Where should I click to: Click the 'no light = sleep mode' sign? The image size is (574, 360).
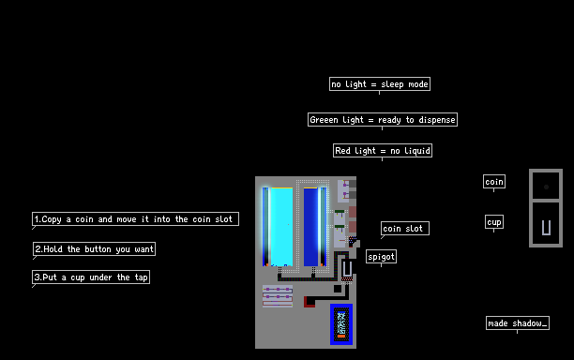click(380, 83)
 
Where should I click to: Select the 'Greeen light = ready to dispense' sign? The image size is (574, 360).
click(383, 120)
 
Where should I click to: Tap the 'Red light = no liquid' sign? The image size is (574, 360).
click(383, 150)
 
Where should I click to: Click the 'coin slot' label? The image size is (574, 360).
click(405, 229)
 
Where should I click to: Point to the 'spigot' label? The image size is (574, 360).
click(381, 257)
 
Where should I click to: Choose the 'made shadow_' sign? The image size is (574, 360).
click(518, 323)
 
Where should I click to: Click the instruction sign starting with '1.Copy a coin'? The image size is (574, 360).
click(135, 218)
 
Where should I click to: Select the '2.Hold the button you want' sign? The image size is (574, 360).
click(94, 248)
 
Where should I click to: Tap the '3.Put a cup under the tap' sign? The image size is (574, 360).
click(91, 277)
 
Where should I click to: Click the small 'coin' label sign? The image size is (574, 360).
click(494, 182)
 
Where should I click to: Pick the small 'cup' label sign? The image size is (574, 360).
click(494, 221)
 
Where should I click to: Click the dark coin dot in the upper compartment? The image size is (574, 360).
click(546, 187)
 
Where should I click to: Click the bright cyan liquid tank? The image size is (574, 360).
click(281, 227)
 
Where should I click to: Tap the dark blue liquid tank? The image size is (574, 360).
click(310, 227)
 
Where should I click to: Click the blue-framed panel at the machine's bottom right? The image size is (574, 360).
click(341, 324)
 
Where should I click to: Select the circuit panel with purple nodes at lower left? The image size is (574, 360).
click(278, 296)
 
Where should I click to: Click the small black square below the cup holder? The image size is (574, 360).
click(338, 289)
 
